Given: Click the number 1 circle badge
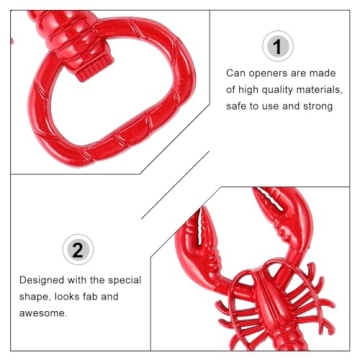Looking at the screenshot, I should click(279, 46).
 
